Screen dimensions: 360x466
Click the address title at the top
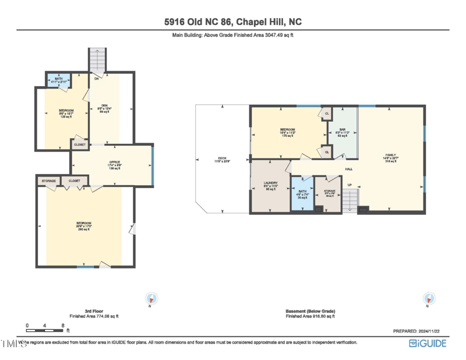click(233, 22)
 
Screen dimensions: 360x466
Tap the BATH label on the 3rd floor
click(59, 79)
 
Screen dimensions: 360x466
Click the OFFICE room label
click(114, 163)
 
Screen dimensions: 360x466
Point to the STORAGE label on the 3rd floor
click(49, 181)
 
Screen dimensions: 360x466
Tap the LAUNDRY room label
click(271, 183)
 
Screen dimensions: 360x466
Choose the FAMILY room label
click(390, 155)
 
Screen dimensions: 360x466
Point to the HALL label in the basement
click(349, 169)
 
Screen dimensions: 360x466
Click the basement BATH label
click(302, 192)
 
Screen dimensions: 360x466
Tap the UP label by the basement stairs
click(349, 185)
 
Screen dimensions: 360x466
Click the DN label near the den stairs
click(97, 78)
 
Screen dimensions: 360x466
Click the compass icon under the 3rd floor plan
click(151, 299)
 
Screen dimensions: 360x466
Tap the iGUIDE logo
click(428, 344)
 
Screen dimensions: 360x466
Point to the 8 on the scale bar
click(63, 326)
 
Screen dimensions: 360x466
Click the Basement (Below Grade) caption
click(310, 312)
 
